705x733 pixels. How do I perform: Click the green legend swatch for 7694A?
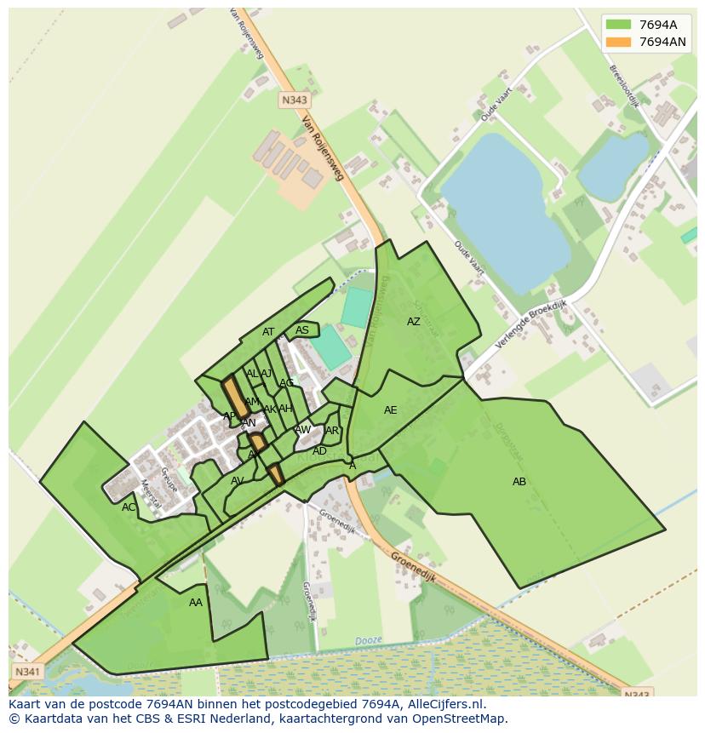(x=618, y=25)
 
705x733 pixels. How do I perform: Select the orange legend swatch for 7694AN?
(x=618, y=42)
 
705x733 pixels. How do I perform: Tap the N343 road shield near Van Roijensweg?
(x=294, y=100)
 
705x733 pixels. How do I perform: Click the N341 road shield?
(x=27, y=672)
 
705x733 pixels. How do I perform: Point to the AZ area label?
(x=414, y=322)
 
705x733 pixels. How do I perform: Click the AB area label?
(x=519, y=482)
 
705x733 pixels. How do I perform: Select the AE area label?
(x=391, y=410)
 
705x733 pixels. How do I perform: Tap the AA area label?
(x=196, y=603)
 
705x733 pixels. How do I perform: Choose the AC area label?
(x=129, y=507)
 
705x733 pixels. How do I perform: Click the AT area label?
(x=268, y=332)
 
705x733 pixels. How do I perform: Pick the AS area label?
(x=302, y=330)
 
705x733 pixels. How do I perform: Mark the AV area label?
(x=238, y=481)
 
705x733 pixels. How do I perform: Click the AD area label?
(x=319, y=451)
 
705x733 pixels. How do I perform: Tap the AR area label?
(x=332, y=431)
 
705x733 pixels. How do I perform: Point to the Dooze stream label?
(x=368, y=641)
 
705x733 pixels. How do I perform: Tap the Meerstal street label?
(x=151, y=495)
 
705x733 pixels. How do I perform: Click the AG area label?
(x=287, y=383)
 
